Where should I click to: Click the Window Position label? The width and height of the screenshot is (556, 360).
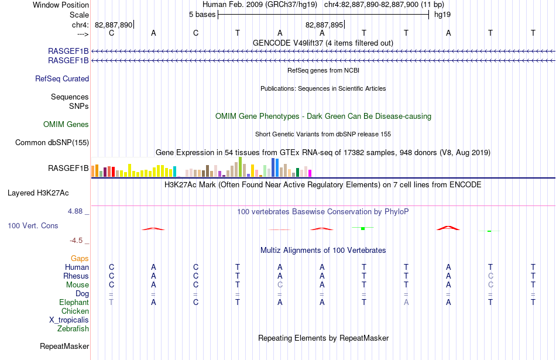click(x=61, y=5)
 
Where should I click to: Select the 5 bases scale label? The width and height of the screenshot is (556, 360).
click(x=202, y=15)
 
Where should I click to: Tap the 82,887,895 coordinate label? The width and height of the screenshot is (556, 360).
click(x=324, y=25)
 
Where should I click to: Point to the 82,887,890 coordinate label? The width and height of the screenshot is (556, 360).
click(x=114, y=25)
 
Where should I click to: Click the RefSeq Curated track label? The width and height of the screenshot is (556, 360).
click(x=62, y=79)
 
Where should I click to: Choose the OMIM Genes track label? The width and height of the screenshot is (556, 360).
click(x=66, y=124)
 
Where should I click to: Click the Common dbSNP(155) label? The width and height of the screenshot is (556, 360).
click(x=52, y=143)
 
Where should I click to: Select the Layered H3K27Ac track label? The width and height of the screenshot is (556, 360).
click(x=38, y=193)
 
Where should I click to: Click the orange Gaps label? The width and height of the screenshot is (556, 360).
click(x=80, y=259)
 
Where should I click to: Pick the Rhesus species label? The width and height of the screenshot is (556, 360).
click(x=76, y=276)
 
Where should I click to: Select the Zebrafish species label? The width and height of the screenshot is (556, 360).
click(x=73, y=329)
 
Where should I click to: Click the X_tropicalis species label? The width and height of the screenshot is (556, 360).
click(x=69, y=320)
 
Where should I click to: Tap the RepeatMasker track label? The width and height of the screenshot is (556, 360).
click(x=64, y=346)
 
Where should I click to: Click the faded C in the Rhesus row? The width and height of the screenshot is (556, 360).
click(x=490, y=276)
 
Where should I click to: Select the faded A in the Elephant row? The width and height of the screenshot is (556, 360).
click(x=406, y=302)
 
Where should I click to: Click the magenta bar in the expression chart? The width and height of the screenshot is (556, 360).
click(x=310, y=173)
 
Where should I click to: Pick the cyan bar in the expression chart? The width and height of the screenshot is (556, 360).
click(x=174, y=172)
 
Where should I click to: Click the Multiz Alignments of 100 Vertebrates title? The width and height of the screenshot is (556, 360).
click(x=323, y=251)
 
